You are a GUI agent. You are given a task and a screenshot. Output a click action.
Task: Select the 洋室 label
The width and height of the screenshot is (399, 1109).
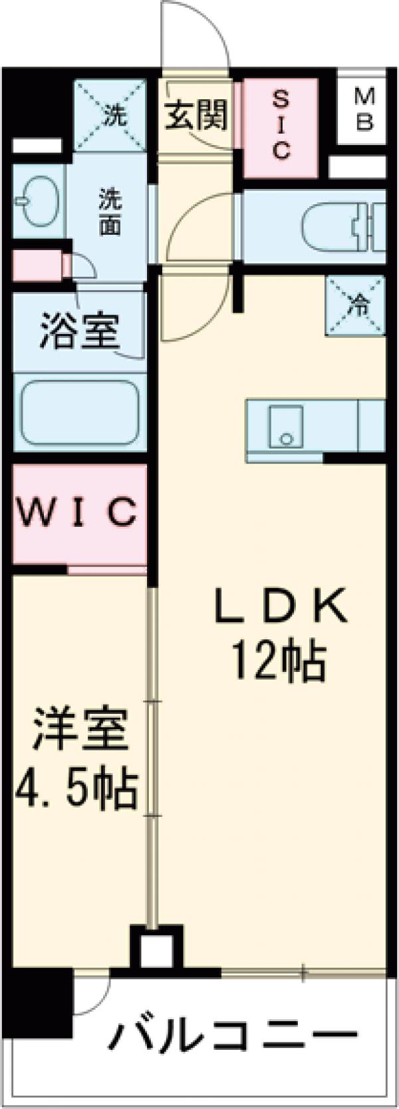click(x=79, y=730)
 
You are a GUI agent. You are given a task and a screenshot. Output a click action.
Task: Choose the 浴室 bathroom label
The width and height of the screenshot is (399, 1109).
click(x=79, y=331)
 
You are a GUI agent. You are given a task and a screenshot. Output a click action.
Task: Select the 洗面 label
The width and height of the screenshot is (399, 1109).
click(x=110, y=212)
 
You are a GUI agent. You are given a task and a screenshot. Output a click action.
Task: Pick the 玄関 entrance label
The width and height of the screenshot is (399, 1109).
click(x=196, y=115)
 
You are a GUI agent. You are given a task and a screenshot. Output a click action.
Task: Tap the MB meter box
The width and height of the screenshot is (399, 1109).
click(x=363, y=110)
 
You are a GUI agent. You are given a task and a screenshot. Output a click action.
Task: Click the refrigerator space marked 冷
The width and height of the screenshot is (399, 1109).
click(x=356, y=305)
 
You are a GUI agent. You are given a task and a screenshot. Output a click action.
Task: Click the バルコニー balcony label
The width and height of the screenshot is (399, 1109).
click(x=233, y=1034)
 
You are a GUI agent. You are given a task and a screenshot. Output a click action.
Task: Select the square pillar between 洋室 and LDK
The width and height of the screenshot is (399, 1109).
click(x=157, y=947)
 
